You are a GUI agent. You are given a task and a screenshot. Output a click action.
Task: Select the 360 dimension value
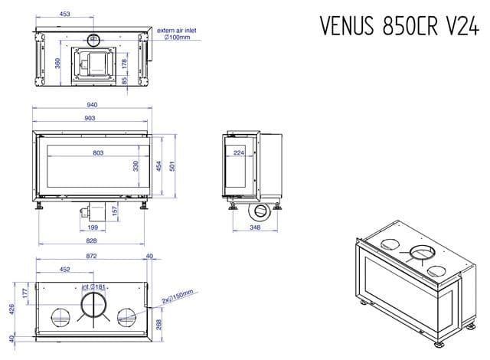57,63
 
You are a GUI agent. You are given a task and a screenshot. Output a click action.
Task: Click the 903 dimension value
90,118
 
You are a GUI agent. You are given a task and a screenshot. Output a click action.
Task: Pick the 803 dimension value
98,153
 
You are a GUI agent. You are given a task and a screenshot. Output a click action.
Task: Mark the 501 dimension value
173,166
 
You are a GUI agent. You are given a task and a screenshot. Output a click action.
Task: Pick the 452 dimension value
65,269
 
